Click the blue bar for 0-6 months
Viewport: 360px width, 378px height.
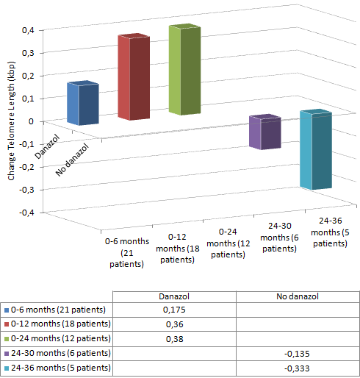tap(82, 104)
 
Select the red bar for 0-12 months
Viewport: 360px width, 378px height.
tap(134, 78)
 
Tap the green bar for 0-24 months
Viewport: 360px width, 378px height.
tap(184, 71)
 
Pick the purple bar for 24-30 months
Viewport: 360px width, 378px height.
tap(264, 133)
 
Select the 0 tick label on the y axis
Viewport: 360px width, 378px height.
tap(31, 121)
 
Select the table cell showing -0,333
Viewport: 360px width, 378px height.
tap(297, 367)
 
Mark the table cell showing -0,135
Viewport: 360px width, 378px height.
tap(297, 353)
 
